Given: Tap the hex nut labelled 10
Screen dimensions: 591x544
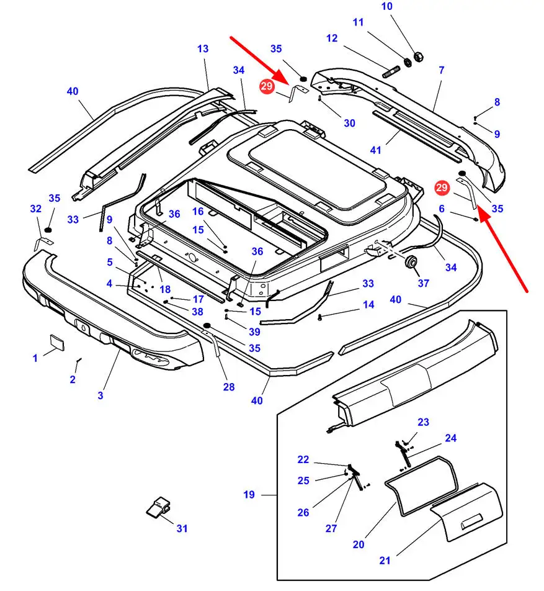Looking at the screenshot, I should pyautogui.click(x=417, y=56).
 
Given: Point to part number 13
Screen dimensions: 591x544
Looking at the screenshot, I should pyautogui.click(x=203, y=48).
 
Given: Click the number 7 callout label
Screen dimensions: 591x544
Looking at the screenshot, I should pyautogui.click(x=441, y=70).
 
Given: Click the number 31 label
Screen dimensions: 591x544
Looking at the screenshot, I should pyautogui.click(x=182, y=528).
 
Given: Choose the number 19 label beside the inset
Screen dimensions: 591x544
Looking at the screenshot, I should pyautogui.click(x=249, y=495).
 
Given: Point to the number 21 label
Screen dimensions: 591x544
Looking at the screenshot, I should pyautogui.click(x=385, y=561).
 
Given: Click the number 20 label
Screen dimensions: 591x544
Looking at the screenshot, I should pyautogui.click(x=358, y=544).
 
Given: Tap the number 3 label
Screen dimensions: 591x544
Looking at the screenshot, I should pyautogui.click(x=100, y=395).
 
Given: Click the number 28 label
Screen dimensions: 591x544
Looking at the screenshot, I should pyautogui.click(x=229, y=387).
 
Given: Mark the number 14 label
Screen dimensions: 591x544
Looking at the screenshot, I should pyautogui.click(x=368, y=305).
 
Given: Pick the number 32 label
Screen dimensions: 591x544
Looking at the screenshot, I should pyautogui.click(x=35, y=209).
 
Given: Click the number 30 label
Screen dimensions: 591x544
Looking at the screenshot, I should pyautogui.click(x=349, y=123).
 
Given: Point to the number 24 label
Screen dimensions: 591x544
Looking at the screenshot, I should pyautogui.click(x=450, y=438).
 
